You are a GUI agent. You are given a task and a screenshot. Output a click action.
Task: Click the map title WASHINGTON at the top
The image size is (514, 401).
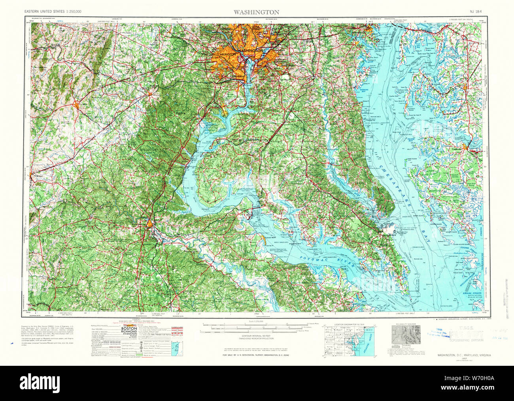pyautogui.click(x=256, y=12)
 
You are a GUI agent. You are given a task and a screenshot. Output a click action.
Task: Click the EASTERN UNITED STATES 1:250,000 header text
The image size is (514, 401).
pyautogui.click(x=53, y=12)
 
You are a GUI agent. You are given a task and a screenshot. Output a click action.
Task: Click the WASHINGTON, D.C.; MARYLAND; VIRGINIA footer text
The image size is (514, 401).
pyautogui.click(x=464, y=356)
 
